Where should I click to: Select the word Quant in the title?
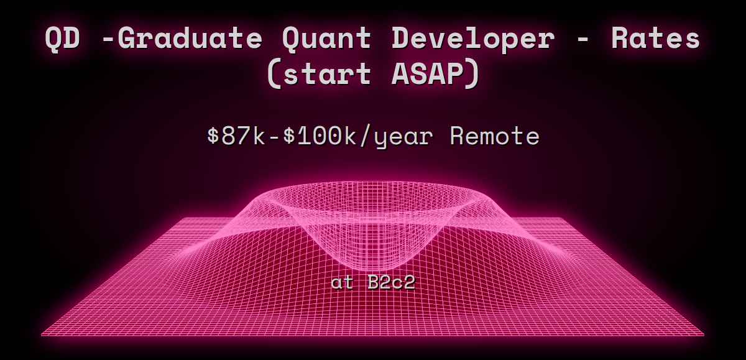click(328, 39)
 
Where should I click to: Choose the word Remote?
click(494, 136)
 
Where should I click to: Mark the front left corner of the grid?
click(42, 335)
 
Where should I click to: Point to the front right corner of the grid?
click(704, 335)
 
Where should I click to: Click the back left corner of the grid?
click(180, 218)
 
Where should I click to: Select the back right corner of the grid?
click(564, 218)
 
